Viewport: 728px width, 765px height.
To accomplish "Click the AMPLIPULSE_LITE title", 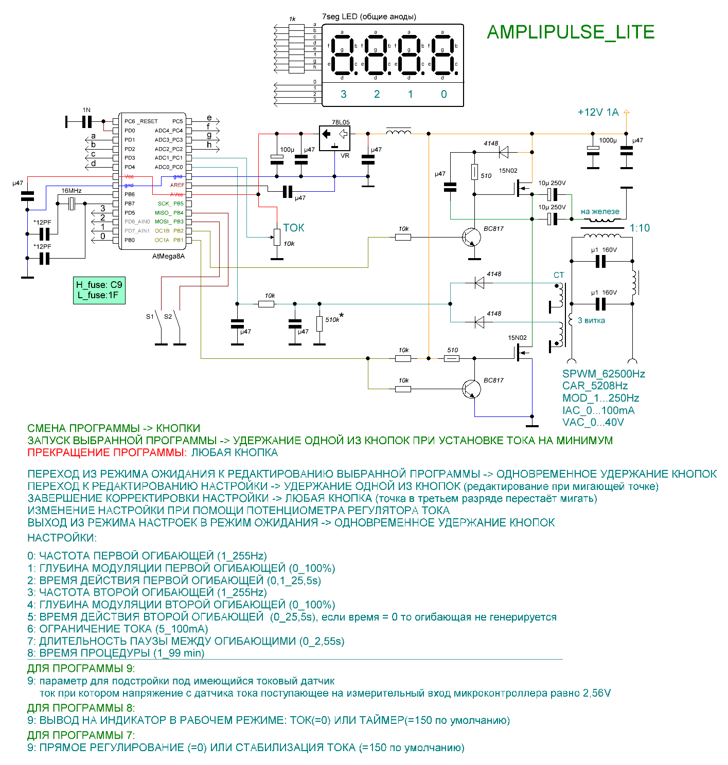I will [x=570, y=32].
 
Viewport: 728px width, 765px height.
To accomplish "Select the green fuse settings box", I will [x=99, y=290].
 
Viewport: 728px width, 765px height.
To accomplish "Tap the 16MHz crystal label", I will [x=72, y=191].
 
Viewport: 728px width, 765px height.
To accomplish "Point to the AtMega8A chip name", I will [x=168, y=256].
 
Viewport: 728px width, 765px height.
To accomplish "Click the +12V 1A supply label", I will [x=598, y=113].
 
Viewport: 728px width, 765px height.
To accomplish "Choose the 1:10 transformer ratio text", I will [x=640, y=228].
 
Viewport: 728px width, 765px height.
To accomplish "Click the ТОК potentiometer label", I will [x=294, y=228].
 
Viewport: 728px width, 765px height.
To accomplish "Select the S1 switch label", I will [x=150, y=317].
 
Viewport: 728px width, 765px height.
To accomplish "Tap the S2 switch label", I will [x=168, y=317].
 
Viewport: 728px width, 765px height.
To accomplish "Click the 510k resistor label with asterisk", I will [x=333, y=319].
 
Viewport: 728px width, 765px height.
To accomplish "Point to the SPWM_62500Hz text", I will [x=603, y=374].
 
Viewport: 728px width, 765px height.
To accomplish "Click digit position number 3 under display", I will [x=344, y=94].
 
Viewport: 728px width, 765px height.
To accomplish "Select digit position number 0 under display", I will [x=444, y=94].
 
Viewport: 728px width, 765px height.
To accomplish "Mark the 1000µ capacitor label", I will [x=608, y=140].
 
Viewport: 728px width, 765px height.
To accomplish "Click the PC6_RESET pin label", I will [x=141, y=121].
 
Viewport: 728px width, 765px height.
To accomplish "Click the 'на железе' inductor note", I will [x=600, y=211].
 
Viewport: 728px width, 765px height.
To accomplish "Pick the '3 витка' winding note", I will [x=591, y=320].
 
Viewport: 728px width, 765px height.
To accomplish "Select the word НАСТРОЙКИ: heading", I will [x=62, y=538].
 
